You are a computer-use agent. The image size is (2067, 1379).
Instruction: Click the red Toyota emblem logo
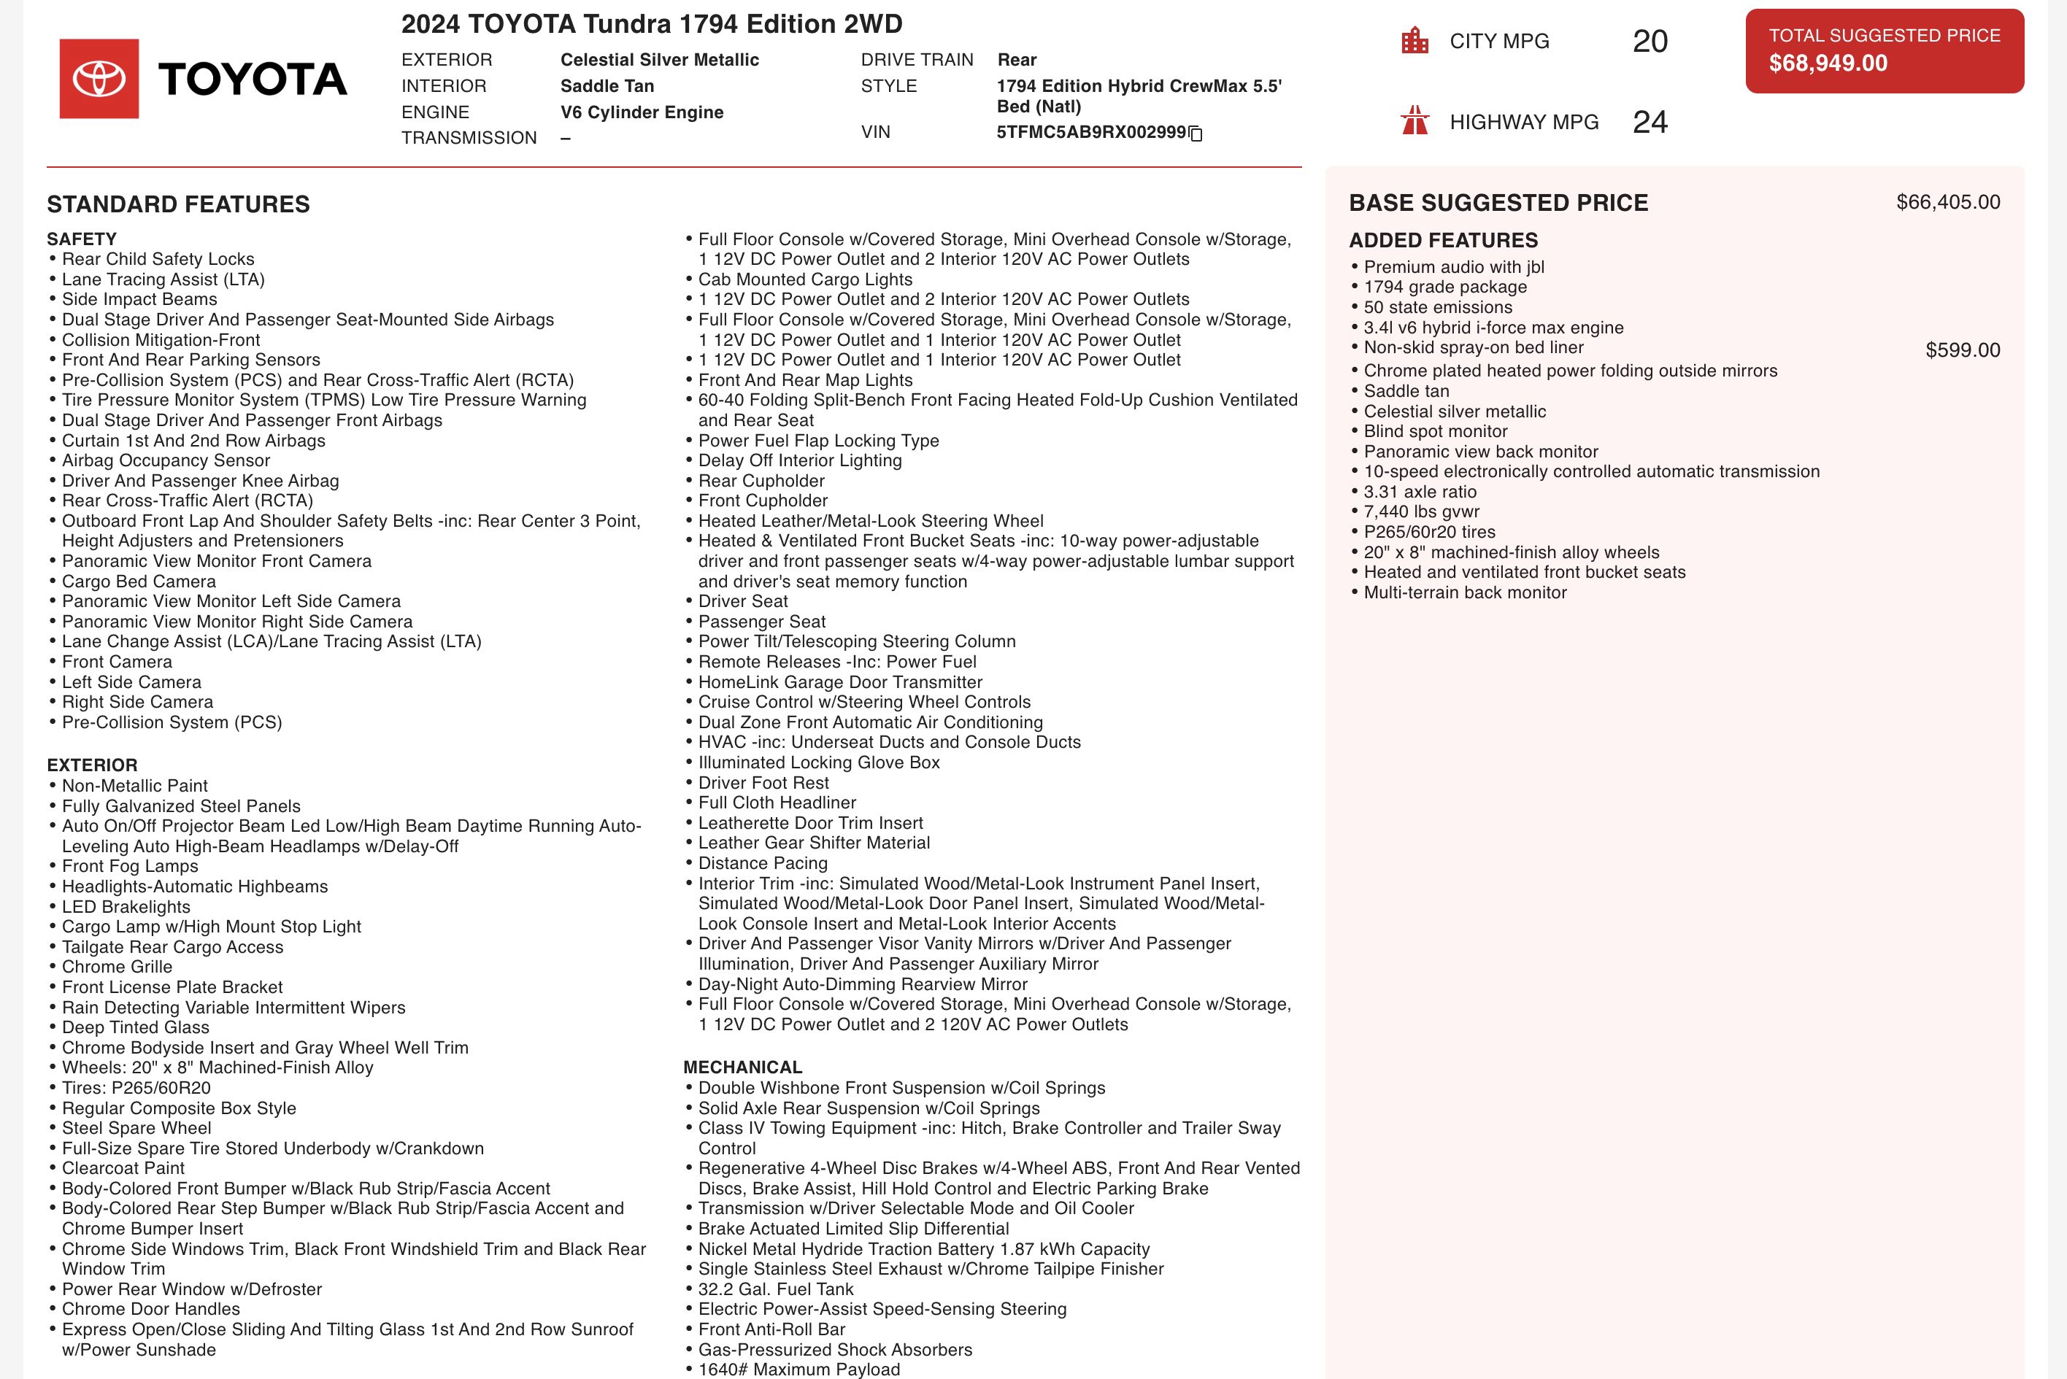coord(99,78)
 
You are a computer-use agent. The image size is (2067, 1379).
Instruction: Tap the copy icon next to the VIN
coord(1196,134)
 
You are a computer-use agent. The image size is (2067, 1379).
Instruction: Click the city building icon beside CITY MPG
coord(1414,40)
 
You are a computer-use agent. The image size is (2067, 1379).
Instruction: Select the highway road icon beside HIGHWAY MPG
coord(1414,120)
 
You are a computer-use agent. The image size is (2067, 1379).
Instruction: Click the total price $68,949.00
coord(1828,63)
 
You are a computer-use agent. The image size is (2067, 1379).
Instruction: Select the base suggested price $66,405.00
coord(1947,202)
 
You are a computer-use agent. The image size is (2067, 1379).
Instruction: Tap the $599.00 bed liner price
coord(1963,350)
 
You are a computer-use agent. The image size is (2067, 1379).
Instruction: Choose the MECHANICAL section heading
coord(742,1067)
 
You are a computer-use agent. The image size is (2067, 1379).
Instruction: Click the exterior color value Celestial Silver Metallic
coord(660,60)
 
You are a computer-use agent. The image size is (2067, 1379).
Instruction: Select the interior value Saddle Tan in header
coord(607,86)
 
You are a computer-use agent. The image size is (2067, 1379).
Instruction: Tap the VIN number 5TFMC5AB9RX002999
coord(1090,133)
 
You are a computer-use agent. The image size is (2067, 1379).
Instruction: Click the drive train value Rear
coord(1017,60)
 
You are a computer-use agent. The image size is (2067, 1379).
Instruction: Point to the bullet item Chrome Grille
coord(117,967)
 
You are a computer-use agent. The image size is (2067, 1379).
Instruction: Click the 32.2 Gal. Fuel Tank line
coord(775,1289)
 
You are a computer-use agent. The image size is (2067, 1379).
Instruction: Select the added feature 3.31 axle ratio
coord(1420,492)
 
